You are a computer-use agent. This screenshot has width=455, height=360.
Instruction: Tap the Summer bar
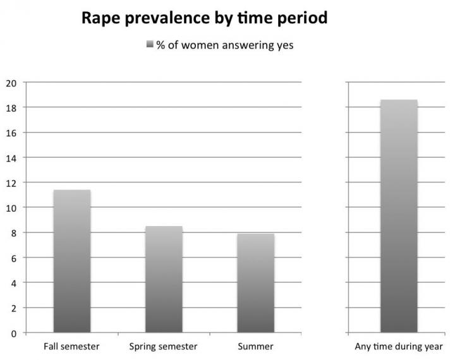tap(255, 283)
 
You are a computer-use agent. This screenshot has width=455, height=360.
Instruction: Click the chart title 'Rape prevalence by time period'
tap(205, 18)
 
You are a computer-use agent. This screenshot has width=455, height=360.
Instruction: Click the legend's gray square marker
tap(150, 45)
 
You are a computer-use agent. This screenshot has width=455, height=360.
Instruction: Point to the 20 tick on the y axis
tap(11, 83)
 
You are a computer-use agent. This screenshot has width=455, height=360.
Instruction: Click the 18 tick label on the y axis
tap(11, 107)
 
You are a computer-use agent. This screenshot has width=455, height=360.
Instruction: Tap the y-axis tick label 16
tap(11, 133)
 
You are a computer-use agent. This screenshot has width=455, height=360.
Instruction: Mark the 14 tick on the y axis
tap(11, 157)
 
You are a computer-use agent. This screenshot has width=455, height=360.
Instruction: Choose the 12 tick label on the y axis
tap(11, 183)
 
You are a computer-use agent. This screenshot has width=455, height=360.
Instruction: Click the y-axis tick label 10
tap(11, 208)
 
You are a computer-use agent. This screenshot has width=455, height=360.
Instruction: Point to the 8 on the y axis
tap(13, 232)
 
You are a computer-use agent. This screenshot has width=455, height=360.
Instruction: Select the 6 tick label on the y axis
tap(13, 258)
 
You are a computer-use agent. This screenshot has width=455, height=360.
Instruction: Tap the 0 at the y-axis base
tap(13, 333)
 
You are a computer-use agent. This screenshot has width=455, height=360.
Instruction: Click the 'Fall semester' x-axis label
tap(71, 347)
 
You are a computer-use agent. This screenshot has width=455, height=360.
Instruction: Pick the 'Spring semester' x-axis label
tap(163, 347)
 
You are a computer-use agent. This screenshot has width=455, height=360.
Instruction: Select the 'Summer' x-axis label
tap(255, 347)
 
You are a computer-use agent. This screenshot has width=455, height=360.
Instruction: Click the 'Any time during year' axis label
tap(398, 347)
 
